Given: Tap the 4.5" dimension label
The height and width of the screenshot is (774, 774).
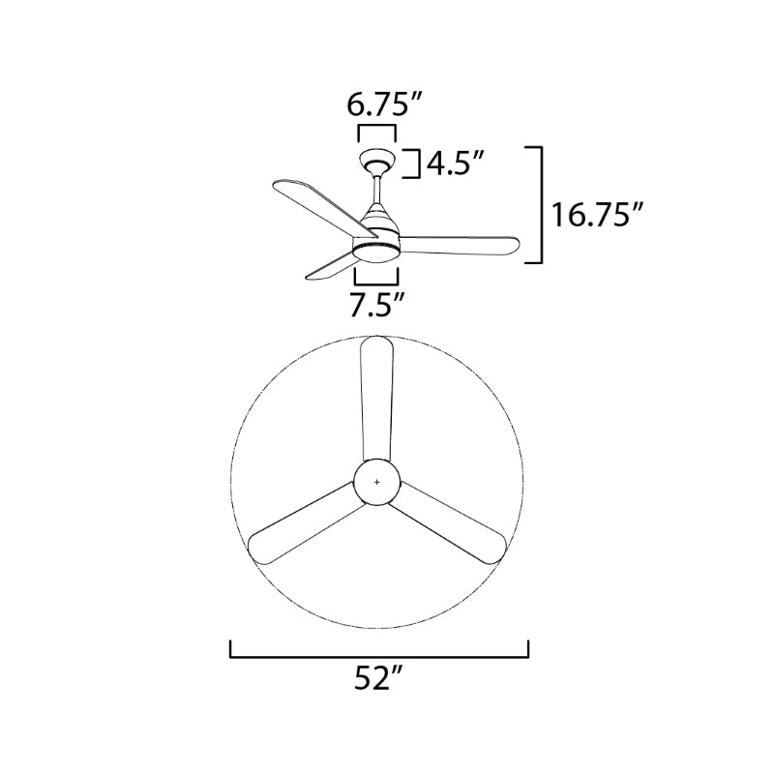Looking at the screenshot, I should [456, 164].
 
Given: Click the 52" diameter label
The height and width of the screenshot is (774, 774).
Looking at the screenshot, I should [377, 680].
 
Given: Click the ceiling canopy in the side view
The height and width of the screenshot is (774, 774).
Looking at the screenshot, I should [377, 161].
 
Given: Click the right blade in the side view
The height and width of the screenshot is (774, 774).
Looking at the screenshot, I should [460, 246].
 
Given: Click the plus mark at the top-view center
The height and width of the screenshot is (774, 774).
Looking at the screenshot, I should [377, 481].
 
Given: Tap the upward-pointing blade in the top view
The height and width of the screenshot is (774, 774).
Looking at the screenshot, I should [375, 397].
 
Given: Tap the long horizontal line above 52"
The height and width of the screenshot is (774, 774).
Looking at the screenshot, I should [379, 655].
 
